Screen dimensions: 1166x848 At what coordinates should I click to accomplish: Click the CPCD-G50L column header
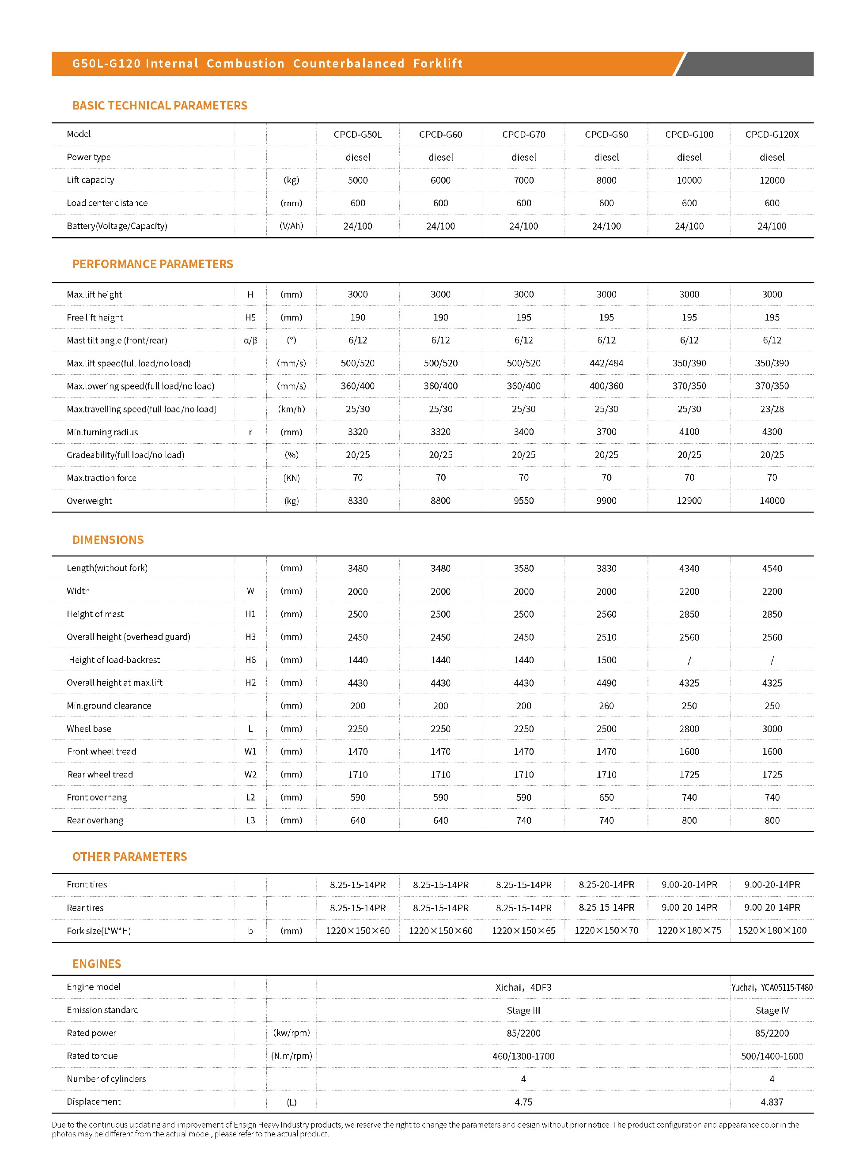357,134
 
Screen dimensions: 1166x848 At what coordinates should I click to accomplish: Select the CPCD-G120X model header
772,134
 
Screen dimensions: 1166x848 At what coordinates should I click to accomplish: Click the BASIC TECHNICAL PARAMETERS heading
159,106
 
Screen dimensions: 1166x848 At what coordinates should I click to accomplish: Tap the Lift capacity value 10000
689,180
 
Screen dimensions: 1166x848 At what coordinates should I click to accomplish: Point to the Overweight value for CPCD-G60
440,500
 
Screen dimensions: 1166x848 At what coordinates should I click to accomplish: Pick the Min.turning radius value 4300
772,432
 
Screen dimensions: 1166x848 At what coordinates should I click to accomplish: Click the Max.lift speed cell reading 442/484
606,363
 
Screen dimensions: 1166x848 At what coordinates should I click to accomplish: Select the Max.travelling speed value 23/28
772,409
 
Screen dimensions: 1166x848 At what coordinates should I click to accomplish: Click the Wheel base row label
89,728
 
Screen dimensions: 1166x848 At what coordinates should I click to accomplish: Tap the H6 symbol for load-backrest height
250,660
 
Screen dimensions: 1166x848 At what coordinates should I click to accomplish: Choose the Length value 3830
606,568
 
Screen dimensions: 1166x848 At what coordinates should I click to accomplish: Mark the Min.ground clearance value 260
606,706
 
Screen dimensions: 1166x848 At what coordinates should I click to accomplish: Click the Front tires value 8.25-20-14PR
606,884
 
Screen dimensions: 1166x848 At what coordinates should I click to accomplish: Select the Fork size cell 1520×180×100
772,930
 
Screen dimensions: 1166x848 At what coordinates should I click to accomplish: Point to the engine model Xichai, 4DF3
523,987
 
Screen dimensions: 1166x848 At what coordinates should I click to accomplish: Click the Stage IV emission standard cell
772,1010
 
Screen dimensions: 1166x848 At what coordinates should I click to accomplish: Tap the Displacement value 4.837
772,1102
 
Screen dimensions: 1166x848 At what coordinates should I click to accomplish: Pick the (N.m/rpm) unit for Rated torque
291,1056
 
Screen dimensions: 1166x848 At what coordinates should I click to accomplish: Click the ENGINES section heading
97,963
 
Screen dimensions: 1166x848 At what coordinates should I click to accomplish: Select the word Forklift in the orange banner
438,63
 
